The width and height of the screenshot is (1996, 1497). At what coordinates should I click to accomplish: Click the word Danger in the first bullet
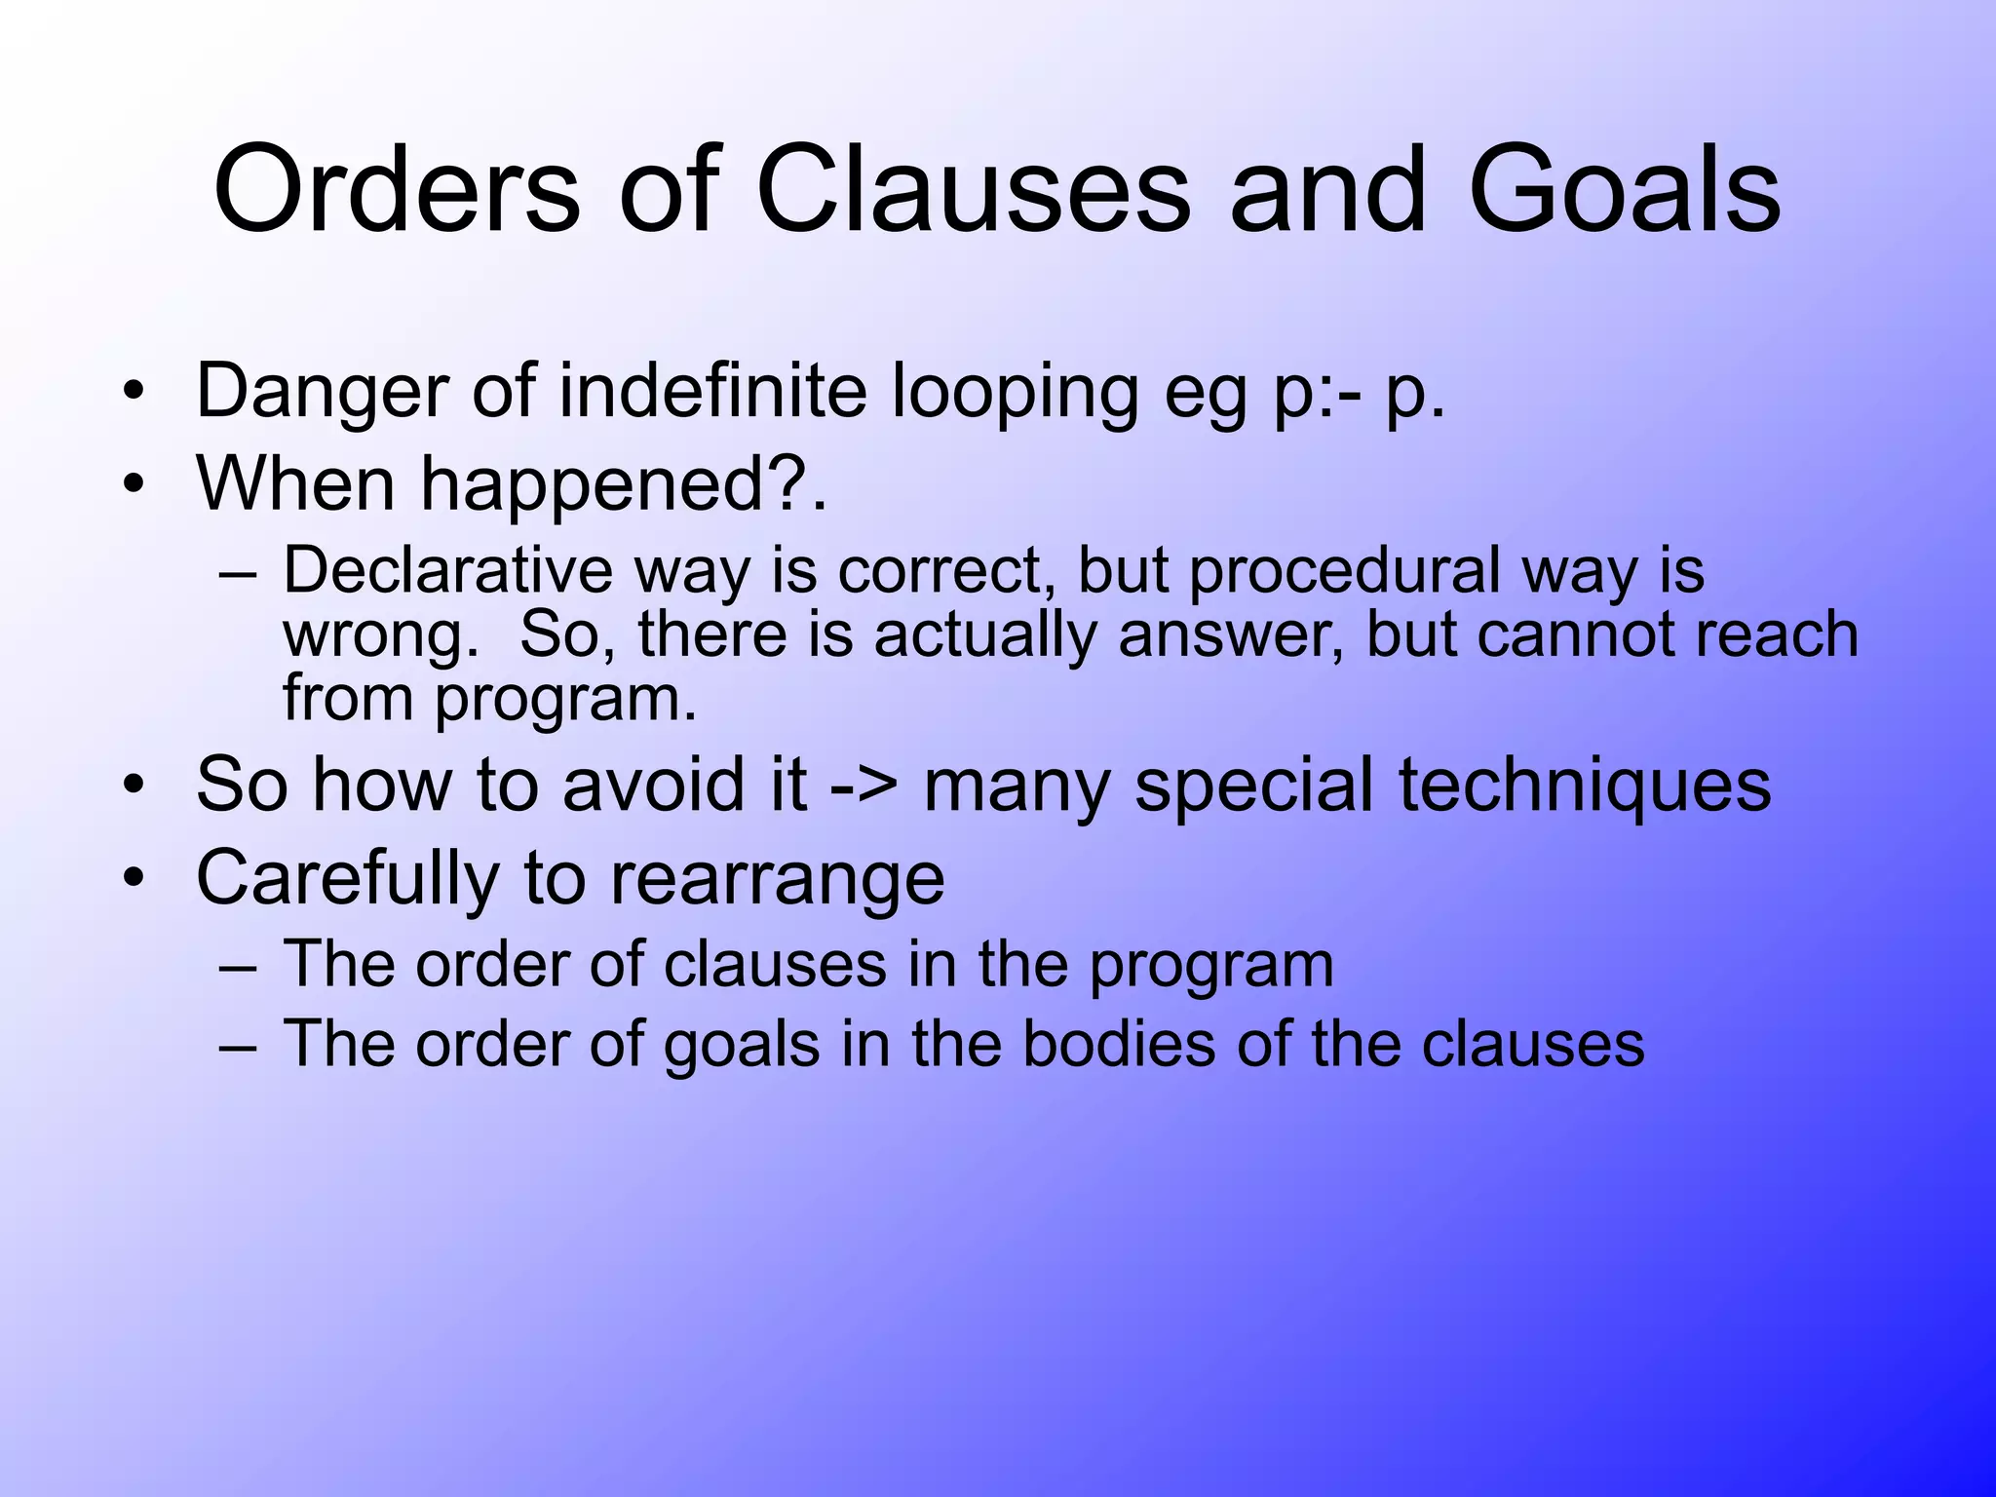pos(321,391)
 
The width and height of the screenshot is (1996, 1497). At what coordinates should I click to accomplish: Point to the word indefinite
pos(712,391)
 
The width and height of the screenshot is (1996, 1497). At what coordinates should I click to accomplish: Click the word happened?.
pos(623,484)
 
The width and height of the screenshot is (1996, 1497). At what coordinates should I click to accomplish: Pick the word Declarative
pos(447,570)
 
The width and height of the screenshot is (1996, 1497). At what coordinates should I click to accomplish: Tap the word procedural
pos(1344,572)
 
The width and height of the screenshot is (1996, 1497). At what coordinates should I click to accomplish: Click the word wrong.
pos(380,635)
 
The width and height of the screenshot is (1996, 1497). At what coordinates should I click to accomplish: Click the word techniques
pos(1585,785)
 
